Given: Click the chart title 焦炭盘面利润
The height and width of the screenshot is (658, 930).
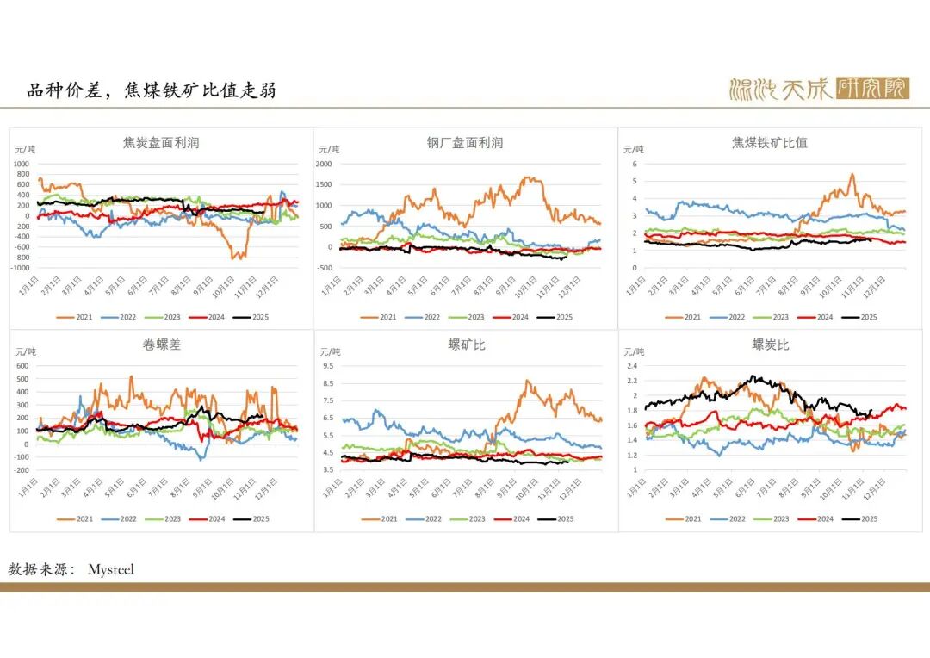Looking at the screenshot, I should coord(161,143).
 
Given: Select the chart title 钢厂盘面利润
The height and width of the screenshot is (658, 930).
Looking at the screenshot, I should coord(465,143).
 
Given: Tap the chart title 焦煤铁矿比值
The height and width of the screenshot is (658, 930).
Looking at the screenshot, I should coord(769,143).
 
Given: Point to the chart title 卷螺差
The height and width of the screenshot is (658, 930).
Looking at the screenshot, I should coord(161,345).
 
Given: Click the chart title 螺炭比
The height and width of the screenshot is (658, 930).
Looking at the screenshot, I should coord(770,345).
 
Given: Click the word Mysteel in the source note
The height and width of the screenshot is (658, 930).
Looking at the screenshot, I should coord(111,569).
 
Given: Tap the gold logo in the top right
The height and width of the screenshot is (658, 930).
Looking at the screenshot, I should coord(818,88).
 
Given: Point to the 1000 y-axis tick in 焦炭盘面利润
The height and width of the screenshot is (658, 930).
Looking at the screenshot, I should coord(21,164).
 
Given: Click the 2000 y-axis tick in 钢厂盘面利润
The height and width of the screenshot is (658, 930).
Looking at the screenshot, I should coord(324,164).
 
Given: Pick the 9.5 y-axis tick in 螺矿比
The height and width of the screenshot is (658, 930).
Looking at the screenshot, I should coord(327,365).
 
